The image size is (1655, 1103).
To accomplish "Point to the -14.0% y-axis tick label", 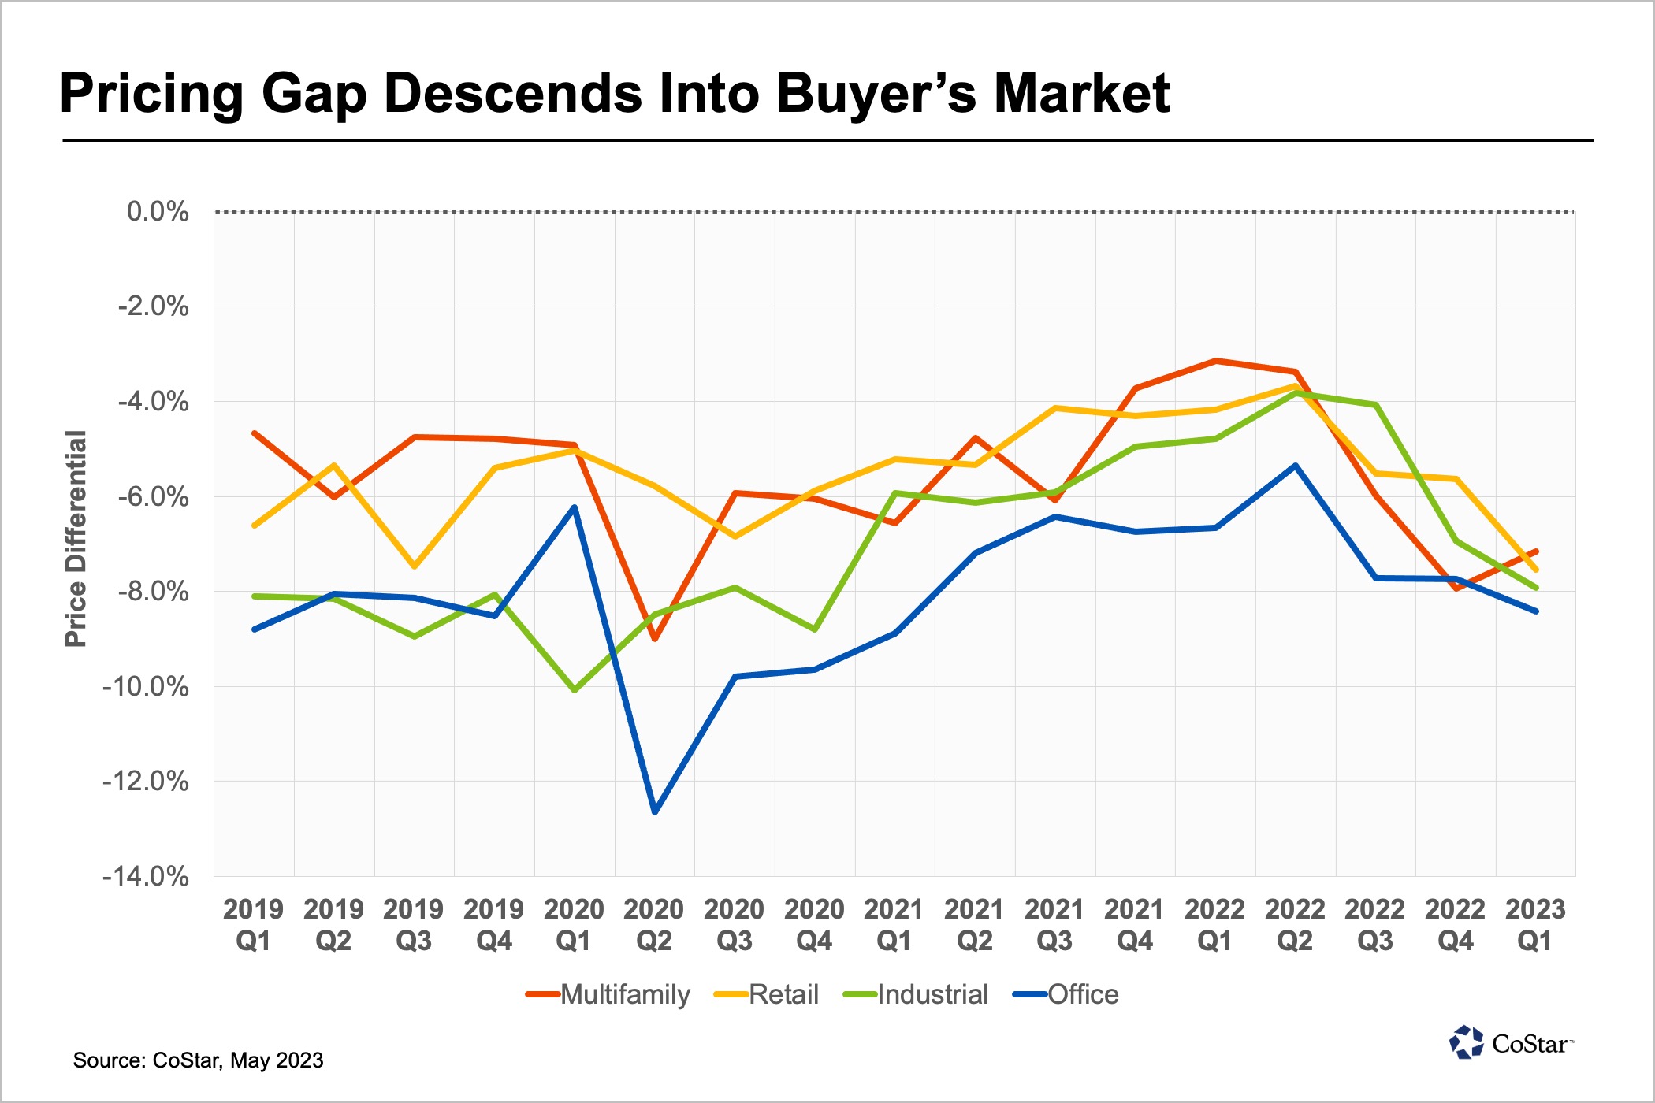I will click(x=146, y=876).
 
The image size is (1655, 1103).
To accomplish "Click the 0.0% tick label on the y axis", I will click(x=158, y=211).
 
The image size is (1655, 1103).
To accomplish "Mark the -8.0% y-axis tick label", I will click(x=153, y=591).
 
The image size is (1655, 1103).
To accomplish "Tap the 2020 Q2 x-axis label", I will click(x=654, y=925).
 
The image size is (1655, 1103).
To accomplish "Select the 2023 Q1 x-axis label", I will click(x=1535, y=925).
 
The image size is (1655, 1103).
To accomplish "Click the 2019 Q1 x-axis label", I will click(x=253, y=925).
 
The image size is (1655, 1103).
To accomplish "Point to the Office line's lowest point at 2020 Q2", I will click(x=655, y=811).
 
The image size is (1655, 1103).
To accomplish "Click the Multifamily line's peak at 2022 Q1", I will click(x=1216, y=361).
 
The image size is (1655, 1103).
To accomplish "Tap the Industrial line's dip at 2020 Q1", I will click(x=575, y=690).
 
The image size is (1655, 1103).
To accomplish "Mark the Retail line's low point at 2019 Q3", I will click(x=415, y=566).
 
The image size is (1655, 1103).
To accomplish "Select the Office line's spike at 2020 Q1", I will click(x=575, y=507).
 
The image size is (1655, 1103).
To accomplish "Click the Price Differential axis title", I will click(x=76, y=539).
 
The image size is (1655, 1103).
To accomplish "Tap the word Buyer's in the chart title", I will click(x=876, y=94).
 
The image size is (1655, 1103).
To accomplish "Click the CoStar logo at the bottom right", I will click(x=1512, y=1043).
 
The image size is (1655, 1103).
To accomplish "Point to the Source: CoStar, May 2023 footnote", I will click(x=198, y=1060).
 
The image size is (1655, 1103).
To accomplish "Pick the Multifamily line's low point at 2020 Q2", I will click(x=655, y=639).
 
